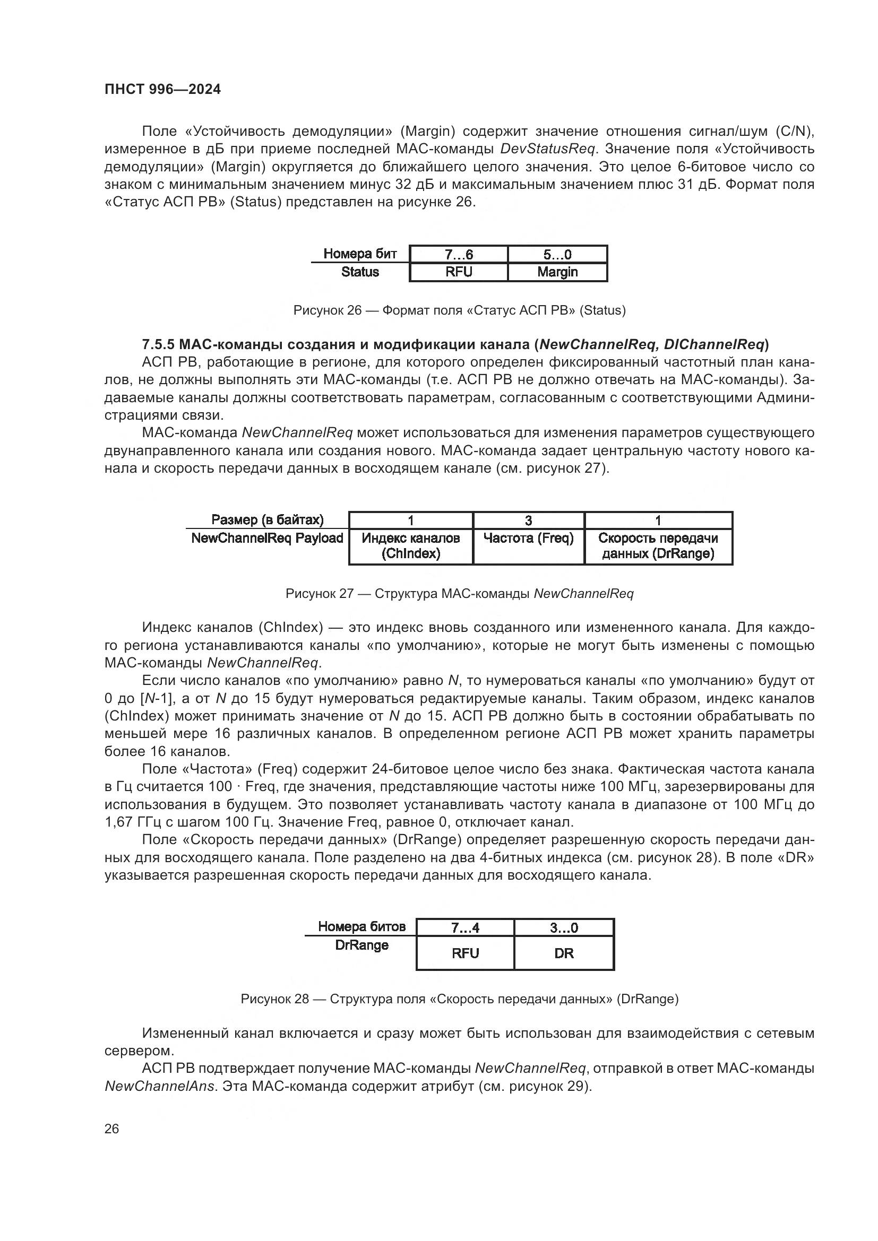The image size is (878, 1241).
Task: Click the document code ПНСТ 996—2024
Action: [162, 89]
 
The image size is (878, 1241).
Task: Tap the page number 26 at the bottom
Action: [111, 1129]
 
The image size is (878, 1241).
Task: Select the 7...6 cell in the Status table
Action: [459, 255]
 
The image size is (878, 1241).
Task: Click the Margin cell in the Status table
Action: [557, 272]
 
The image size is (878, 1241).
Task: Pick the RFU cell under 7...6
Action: [459, 272]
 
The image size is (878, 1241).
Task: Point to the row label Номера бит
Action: [359, 254]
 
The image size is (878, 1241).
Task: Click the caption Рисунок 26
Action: [327, 310]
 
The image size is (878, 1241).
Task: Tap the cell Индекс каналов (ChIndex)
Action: [410, 545]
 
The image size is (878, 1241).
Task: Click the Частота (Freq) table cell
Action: [528, 539]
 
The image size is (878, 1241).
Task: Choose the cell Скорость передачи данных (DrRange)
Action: [658, 545]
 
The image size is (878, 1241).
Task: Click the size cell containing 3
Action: [528, 520]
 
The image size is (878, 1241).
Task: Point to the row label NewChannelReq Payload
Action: [267, 539]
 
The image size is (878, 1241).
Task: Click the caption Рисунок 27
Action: [319, 594]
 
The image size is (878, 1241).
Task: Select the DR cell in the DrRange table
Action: [563, 953]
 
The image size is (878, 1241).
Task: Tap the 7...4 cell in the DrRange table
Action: [465, 927]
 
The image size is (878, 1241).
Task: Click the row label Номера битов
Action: [361, 926]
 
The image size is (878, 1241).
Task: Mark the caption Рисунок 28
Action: [274, 999]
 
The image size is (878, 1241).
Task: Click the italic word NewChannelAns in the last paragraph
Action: [160, 1086]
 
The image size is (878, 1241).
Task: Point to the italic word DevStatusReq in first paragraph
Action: [544, 149]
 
